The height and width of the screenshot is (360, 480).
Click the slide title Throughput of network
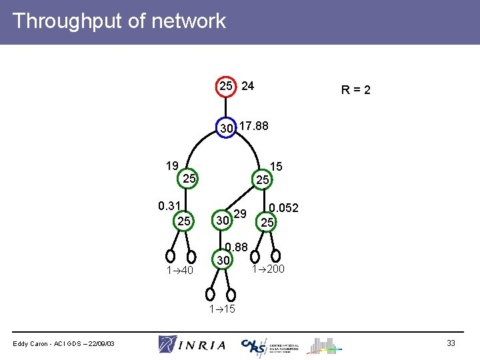pyautogui.click(x=119, y=21)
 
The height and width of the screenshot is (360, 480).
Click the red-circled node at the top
pyautogui.click(x=226, y=87)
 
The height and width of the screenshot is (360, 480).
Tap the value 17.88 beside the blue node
pyautogui.click(x=253, y=125)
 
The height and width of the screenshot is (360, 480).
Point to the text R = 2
pyautogui.click(x=356, y=89)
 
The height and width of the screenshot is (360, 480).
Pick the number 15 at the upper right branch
pyautogui.click(x=277, y=167)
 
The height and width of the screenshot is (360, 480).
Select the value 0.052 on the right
pyautogui.click(x=283, y=208)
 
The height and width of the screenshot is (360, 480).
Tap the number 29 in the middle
pyautogui.click(x=241, y=214)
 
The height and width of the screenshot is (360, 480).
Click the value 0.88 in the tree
pyautogui.click(x=237, y=247)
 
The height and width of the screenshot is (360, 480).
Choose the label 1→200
pyautogui.click(x=268, y=269)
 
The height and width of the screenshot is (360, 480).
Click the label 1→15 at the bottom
pyautogui.click(x=222, y=309)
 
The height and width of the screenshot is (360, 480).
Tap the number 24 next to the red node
pyautogui.click(x=247, y=86)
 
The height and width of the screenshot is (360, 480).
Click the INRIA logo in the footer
pyautogui.click(x=192, y=344)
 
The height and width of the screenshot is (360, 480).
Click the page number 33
pyautogui.click(x=451, y=343)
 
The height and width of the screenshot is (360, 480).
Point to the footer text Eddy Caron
pyautogui.click(x=64, y=343)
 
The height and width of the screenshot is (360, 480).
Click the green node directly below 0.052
pyautogui.click(x=267, y=222)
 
